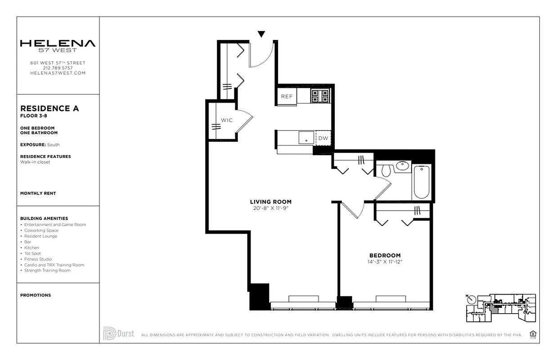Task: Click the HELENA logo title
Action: click(x=58, y=44)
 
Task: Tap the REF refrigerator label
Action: click(x=287, y=96)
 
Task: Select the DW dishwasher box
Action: click(x=323, y=138)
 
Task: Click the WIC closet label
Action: click(x=226, y=120)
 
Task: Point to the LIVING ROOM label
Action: click(x=270, y=202)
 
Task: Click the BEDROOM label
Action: click(x=385, y=255)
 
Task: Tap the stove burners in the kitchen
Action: click(x=320, y=95)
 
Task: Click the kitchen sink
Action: click(x=306, y=138)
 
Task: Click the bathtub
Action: click(x=421, y=181)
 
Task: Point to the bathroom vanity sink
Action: click(x=403, y=166)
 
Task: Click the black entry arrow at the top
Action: click(x=261, y=34)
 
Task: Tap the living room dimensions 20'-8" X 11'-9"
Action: click(x=270, y=208)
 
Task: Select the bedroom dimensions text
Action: click(x=385, y=261)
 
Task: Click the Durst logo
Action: click(x=118, y=333)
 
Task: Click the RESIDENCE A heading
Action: click(x=49, y=108)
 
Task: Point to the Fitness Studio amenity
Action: click(x=38, y=259)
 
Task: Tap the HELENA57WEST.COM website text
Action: click(x=58, y=73)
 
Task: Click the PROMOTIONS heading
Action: click(x=36, y=295)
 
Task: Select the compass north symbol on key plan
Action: click(x=471, y=299)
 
